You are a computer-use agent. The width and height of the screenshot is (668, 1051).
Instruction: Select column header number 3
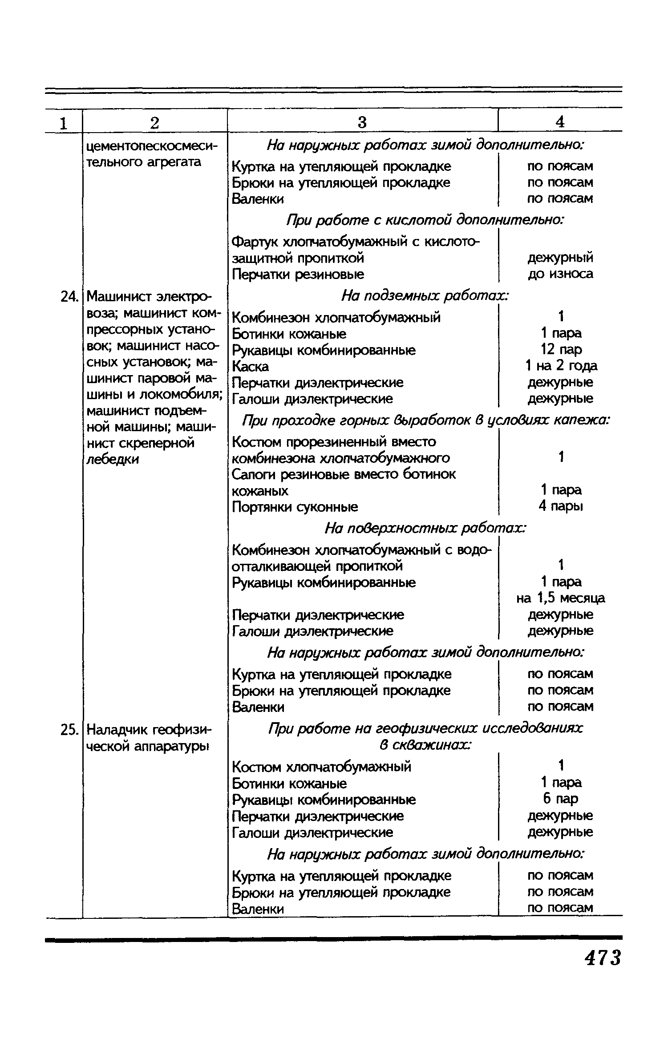click(362, 122)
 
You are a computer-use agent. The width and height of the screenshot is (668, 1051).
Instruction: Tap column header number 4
click(560, 122)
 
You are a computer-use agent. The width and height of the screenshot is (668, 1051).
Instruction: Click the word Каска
click(251, 367)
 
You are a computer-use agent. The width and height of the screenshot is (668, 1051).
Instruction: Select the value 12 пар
click(561, 350)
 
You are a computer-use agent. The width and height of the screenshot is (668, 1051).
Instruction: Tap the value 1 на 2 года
click(561, 366)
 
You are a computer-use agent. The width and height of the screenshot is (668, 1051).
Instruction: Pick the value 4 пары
click(561, 506)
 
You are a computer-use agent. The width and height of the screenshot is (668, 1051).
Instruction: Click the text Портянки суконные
click(295, 507)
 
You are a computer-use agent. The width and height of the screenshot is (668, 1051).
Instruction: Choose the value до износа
click(561, 274)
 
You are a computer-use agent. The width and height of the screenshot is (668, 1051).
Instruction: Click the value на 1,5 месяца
click(561, 598)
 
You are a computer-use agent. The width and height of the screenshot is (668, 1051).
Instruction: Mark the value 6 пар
click(561, 799)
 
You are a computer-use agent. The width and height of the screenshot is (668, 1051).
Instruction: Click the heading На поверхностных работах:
click(425, 528)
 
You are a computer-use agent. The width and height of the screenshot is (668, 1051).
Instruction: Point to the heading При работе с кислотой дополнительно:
click(425, 220)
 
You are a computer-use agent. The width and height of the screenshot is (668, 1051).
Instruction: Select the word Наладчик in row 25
click(117, 730)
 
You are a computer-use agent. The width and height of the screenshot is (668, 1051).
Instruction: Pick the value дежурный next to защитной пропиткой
click(561, 258)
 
